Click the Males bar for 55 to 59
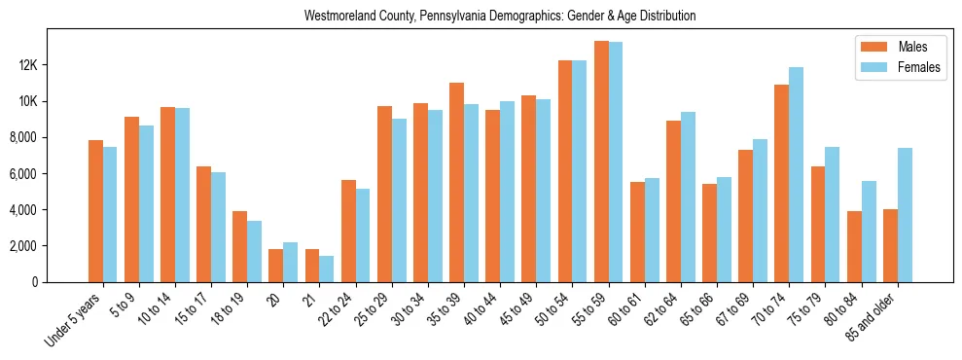tap(602, 162)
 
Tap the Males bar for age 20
tap(276, 266)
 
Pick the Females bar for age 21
tap(327, 269)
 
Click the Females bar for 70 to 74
tap(797, 175)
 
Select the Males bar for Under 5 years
tap(95, 211)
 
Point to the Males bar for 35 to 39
tap(456, 182)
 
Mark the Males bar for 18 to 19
tap(239, 246)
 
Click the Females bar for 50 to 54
tap(580, 171)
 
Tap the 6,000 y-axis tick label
tap(48, 174)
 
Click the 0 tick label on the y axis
tap(61, 282)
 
